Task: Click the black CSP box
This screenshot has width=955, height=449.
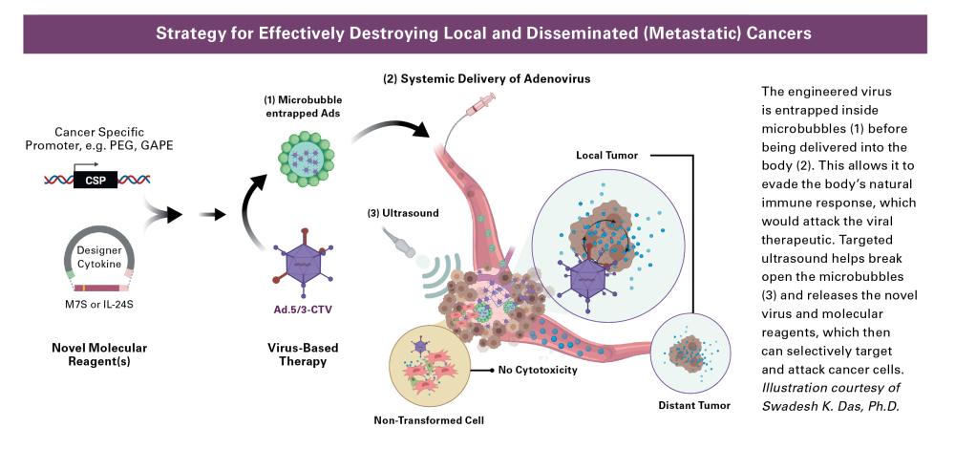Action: click(x=95, y=179)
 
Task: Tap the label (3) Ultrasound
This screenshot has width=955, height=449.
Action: click(x=402, y=213)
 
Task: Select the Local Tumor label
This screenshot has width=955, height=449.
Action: click(x=605, y=154)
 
